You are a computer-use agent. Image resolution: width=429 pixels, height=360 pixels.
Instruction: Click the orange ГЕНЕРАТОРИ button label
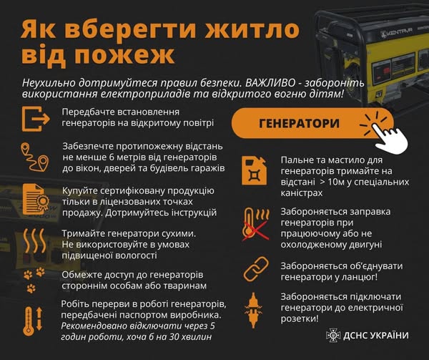point(299,124)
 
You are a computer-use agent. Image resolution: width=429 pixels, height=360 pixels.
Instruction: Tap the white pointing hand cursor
point(390,136)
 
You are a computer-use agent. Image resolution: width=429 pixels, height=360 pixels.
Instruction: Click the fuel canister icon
point(254,171)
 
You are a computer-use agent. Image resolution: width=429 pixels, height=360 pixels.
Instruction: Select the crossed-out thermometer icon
point(255,225)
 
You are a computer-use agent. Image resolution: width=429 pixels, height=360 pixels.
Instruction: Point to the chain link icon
point(256,269)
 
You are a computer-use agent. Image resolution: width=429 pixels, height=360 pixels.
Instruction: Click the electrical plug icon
point(253,310)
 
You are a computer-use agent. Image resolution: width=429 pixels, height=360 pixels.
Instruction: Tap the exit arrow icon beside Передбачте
point(36,119)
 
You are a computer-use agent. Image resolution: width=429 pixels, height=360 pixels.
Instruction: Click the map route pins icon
point(35,157)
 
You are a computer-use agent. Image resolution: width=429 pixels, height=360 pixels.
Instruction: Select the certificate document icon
point(35,199)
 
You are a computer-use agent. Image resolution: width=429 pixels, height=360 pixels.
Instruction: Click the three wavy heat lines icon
point(35,241)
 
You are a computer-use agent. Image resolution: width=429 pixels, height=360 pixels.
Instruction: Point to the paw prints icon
point(34,280)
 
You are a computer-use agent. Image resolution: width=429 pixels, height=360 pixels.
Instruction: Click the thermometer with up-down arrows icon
point(33,321)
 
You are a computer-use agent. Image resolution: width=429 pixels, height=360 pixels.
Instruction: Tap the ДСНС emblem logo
point(333,335)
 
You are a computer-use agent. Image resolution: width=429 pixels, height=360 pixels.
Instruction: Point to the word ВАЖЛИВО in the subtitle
point(270,83)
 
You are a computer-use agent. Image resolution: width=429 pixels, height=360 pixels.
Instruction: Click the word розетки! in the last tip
point(300,319)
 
